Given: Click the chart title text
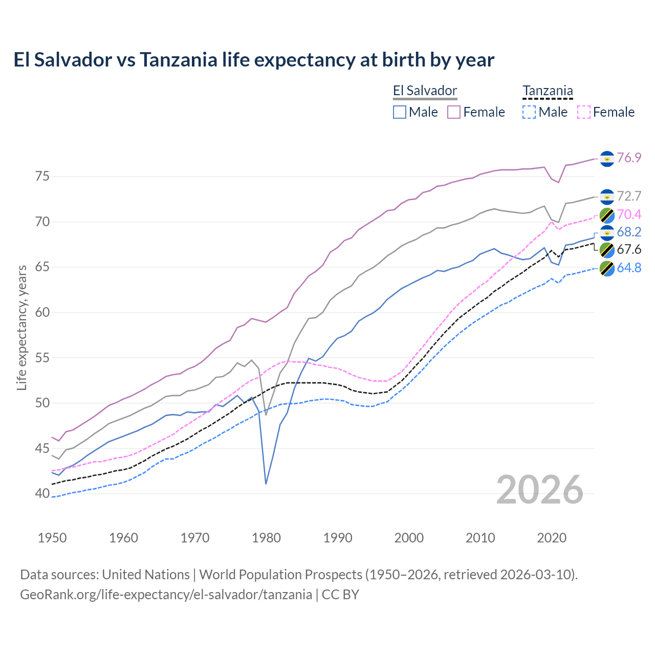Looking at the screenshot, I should coord(254,60).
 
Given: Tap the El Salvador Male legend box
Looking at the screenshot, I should coord(400,112).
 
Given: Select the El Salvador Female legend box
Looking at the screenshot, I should coord(454,112).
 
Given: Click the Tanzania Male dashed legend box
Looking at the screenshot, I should coord(529,112).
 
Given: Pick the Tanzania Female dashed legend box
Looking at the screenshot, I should coord(583,112).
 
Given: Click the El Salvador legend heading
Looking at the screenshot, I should coord(425,91).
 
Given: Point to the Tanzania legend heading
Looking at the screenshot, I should coord(548,91).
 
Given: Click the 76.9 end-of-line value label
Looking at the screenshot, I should coord(629,158).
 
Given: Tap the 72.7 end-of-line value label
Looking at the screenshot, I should coord(629,196).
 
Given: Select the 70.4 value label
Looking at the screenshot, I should coord(629,214).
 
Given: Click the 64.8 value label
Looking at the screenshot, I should coord(629,268).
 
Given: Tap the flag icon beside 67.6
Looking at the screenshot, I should coord(607,250).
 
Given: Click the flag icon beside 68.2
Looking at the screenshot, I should coord(607,232).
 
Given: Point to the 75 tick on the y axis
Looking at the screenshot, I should coord(42,177).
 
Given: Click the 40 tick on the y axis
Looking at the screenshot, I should coord(42,494).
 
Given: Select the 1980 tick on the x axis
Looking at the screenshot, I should coord(266,538).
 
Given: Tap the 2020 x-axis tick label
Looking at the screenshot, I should coord(552,538).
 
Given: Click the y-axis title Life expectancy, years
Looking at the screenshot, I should coord(22,327).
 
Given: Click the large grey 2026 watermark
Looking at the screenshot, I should coord(540,490).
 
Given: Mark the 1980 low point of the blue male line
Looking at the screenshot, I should coord(266,484).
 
